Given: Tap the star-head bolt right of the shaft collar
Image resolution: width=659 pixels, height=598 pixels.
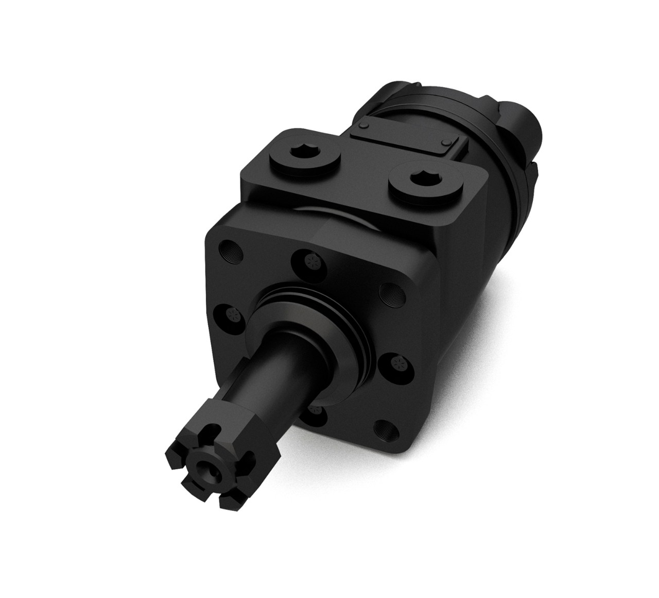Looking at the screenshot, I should coord(395,363).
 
